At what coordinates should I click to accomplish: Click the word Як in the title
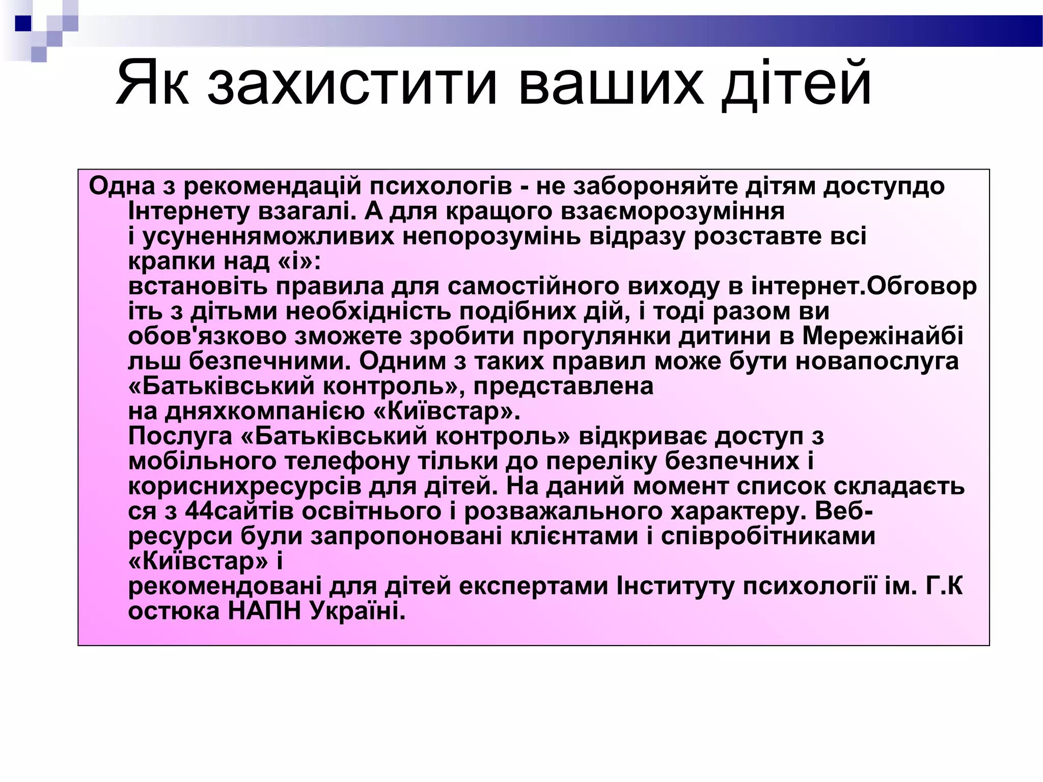(x=153, y=83)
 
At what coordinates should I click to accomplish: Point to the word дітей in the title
(x=798, y=83)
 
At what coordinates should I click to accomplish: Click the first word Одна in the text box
(x=122, y=186)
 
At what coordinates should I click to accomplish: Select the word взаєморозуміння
(x=672, y=211)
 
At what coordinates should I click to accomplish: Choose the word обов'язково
(x=207, y=336)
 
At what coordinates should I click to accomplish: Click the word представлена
(x=563, y=386)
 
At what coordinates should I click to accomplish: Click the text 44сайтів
(x=239, y=511)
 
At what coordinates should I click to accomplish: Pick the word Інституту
(x=675, y=586)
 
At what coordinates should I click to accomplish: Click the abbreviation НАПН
(x=264, y=611)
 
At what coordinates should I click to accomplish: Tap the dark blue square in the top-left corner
(x=23, y=23)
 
